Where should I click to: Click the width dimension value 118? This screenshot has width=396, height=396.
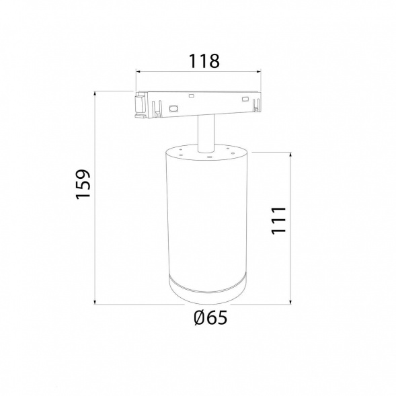tap(204, 61)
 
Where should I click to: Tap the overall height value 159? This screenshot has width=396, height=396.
tap(83, 184)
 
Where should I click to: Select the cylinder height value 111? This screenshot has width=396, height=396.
tap(278, 221)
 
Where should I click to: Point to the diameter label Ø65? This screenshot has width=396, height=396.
tap(210, 317)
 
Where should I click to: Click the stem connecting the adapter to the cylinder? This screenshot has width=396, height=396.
tap(206, 133)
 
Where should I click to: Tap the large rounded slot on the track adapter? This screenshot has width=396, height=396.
tap(173, 109)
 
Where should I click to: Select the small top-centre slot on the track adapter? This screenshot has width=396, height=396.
tap(191, 96)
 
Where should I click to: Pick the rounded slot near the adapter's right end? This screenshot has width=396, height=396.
tap(245, 100)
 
